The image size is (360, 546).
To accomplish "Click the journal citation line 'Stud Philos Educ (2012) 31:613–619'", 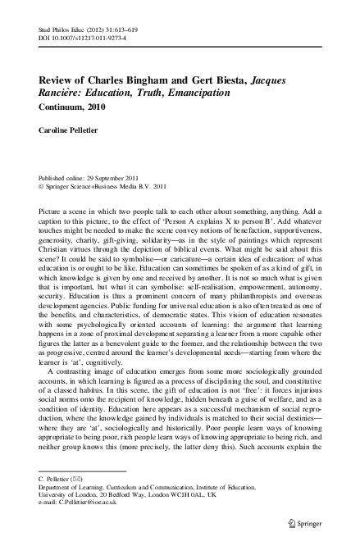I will click(80, 29).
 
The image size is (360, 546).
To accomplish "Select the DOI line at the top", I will click(78, 38).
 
